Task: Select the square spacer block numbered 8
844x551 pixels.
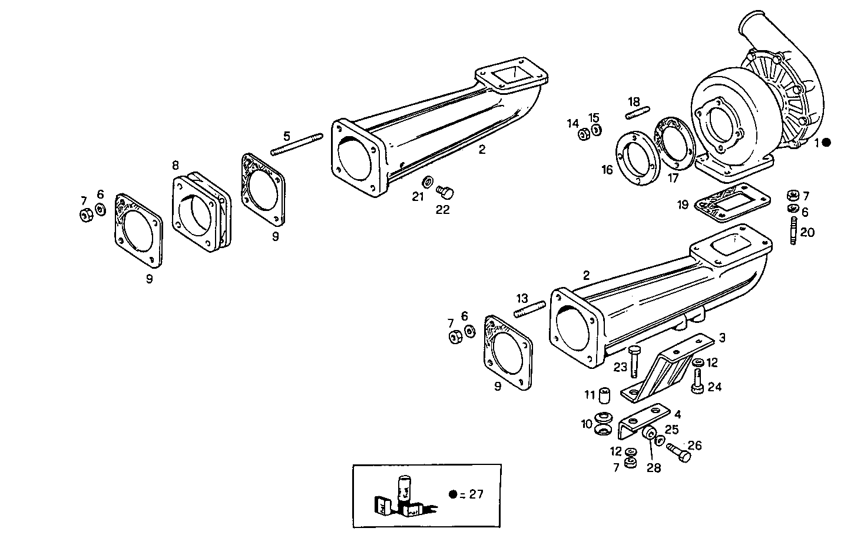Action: coord(201,213)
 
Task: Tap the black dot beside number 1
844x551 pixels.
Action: coord(827,142)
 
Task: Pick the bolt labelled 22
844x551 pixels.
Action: coord(446,192)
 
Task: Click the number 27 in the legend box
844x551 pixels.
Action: coord(475,494)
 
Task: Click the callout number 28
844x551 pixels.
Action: coord(653,468)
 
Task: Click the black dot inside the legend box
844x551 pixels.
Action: coord(452,494)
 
